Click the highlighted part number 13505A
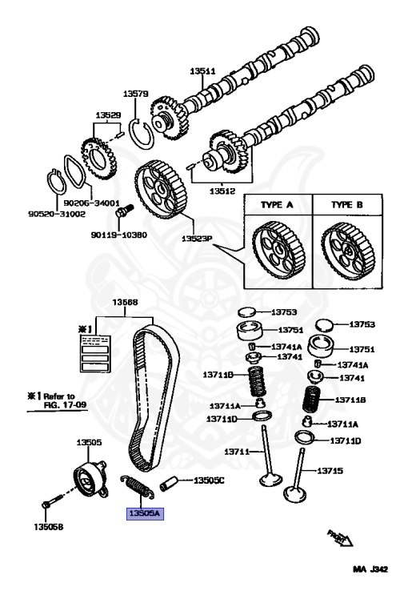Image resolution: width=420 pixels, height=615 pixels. tap(145, 513)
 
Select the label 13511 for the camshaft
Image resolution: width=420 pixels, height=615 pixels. tap(202, 71)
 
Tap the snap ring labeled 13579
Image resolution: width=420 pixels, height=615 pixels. tap(142, 133)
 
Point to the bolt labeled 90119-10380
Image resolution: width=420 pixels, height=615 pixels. tap(124, 211)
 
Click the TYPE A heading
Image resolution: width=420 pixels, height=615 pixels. tap(277, 205)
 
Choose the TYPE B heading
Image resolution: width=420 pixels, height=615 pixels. tap(346, 205)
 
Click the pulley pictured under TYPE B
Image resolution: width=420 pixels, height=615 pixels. tap(348, 251)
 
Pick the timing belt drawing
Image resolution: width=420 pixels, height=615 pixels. tap(154, 397)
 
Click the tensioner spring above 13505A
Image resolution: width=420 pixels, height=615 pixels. tap(137, 486)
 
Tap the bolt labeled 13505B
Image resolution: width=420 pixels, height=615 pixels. tap(52, 501)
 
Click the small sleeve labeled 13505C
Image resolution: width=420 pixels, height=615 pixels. tap(169, 483)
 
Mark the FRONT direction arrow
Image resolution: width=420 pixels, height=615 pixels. tap(340, 538)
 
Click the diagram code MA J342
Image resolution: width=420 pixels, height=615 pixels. tap(370, 569)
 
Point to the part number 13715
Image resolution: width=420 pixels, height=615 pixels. tap(330, 470)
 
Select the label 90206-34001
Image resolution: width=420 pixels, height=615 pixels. tap(91, 203)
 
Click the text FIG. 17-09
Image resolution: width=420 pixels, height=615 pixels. tap(65, 404)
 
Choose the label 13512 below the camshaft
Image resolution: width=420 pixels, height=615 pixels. tap(222, 191)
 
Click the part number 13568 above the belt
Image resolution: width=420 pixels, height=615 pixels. tap(125, 302)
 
